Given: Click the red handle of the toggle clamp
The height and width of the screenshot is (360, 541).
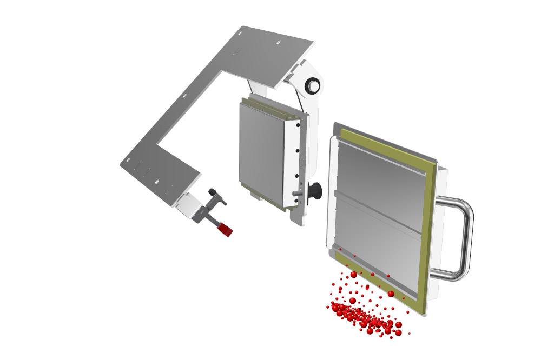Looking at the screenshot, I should [224, 230].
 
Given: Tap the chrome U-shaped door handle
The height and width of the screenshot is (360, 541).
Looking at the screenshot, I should [464, 238].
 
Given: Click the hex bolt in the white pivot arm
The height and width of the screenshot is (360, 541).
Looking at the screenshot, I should [313, 85].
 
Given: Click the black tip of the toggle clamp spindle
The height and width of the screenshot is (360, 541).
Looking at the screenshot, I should [213, 192].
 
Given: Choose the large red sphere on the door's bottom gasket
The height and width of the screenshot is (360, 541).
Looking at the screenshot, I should [391, 294].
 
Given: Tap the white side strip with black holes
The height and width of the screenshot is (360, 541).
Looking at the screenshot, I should [297, 162].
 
